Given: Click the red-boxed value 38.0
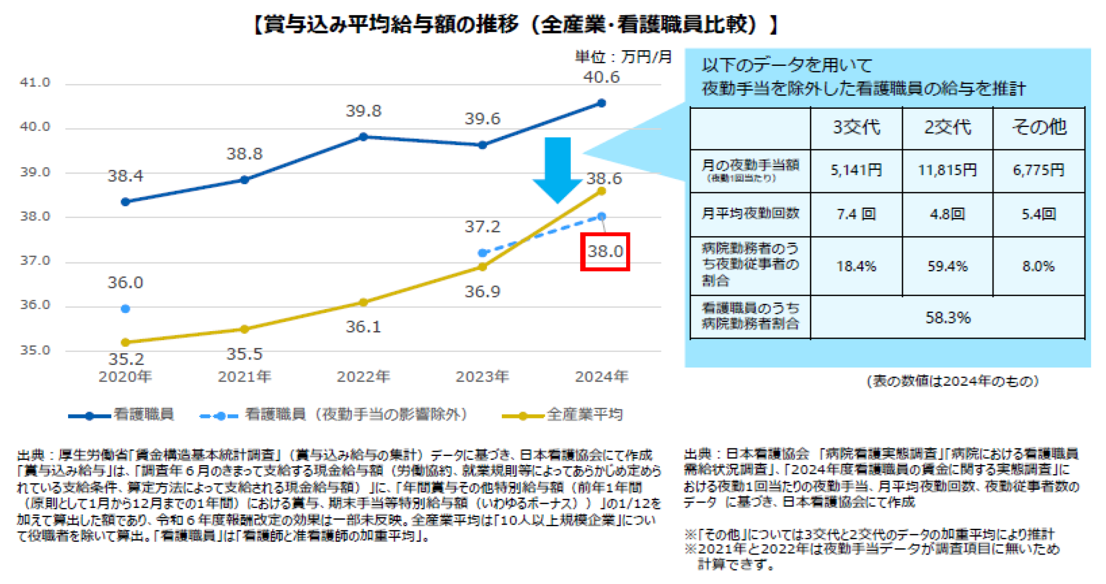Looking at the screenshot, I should point(605,251).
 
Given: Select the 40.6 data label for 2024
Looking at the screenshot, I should point(601,77).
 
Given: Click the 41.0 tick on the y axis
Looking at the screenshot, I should point(35,83).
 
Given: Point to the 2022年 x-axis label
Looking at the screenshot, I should point(363,377).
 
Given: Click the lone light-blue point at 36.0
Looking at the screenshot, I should point(125,309).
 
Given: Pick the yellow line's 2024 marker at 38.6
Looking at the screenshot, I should point(601,191).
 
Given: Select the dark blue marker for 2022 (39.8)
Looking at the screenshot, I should point(363,137).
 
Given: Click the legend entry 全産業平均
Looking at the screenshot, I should point(584,415).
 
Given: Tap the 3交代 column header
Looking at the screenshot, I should point(856,128).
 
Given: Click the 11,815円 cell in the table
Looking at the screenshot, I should point(947,170).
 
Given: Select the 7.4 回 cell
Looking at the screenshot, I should point(856,214).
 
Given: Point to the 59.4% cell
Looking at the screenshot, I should point(947,266).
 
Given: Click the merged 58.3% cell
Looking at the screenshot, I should point(947,318).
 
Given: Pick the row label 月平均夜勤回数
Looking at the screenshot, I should point(750,214).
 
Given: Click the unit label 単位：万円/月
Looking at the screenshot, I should point(623,57).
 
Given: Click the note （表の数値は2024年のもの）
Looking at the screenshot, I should point(953,381).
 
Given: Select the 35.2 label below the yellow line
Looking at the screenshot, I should point(126,358).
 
